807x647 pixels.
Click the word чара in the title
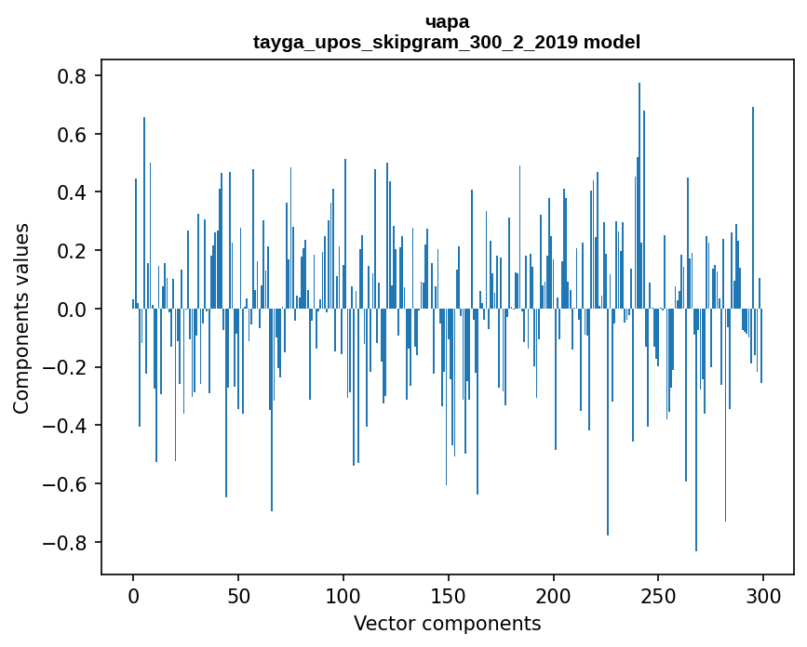[x=447, y=21]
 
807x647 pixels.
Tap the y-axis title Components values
[x=21, y=318]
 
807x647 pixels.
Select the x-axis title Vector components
[x=447, y=623]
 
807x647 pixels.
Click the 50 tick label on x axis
[x=238, y=594]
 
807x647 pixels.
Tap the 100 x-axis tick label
[x=343, y=594]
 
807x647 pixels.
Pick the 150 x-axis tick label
[x=449, y=594]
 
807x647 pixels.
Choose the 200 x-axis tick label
[x=554, y=594]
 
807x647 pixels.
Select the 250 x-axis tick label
[x=658, y=594]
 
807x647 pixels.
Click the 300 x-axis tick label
[x=763, y=594]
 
